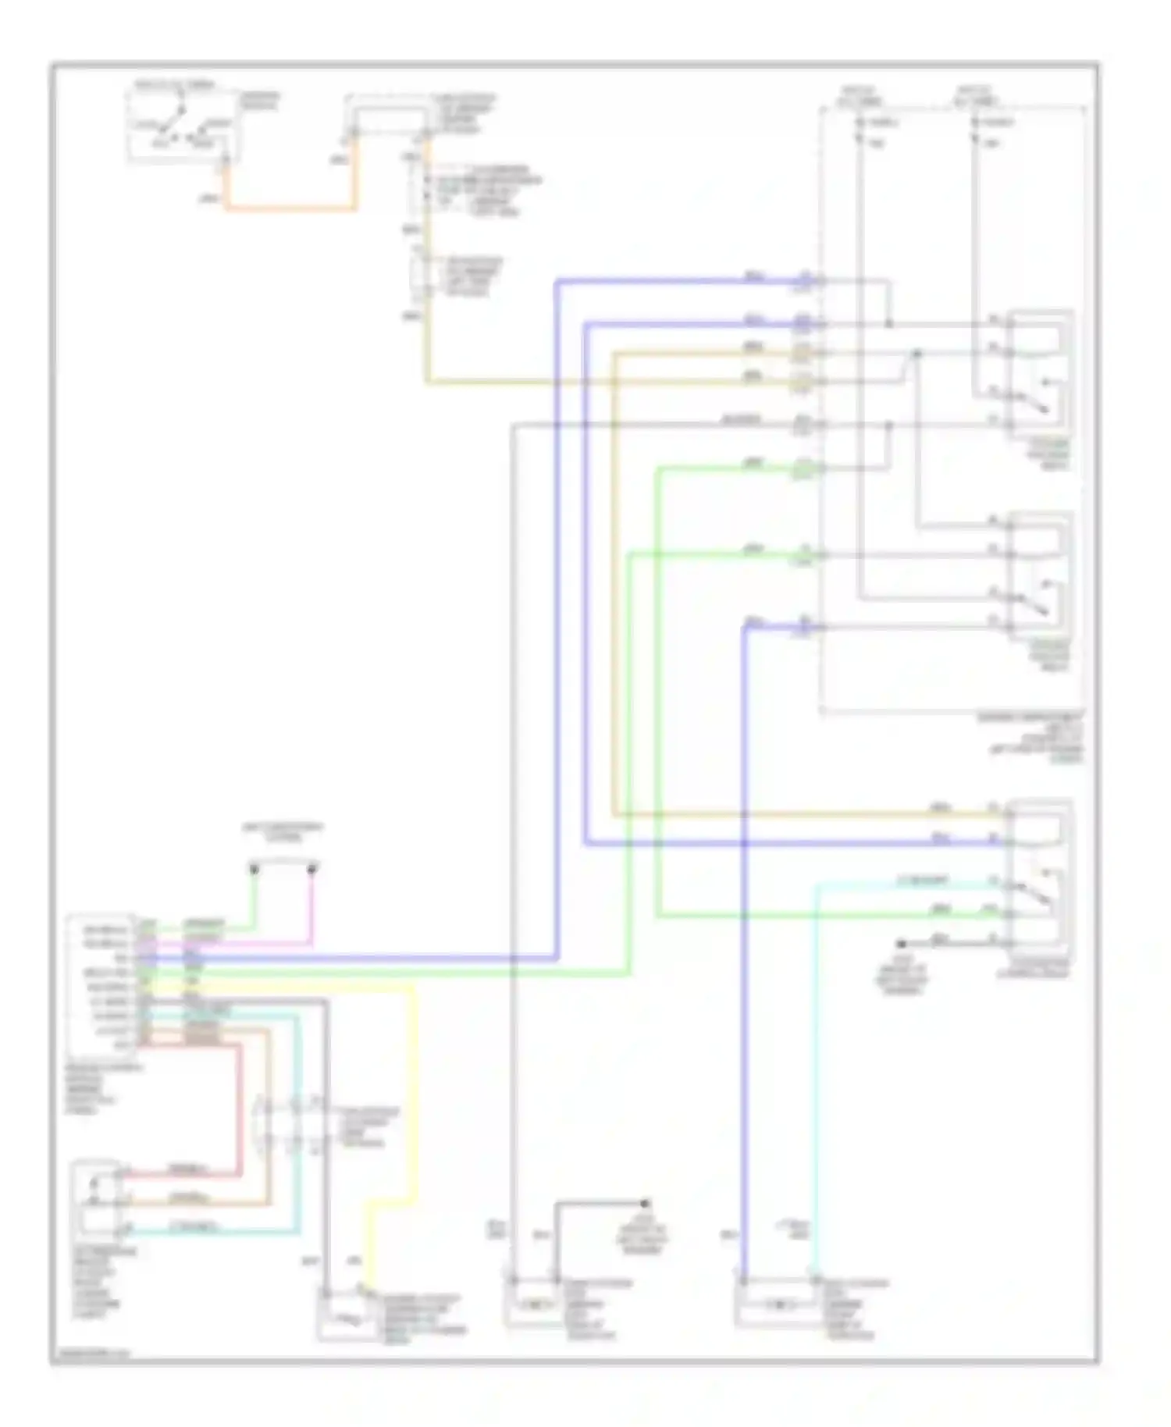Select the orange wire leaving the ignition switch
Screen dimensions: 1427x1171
(x=289, y=208)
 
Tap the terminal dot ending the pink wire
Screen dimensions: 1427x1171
(x=312, y=868)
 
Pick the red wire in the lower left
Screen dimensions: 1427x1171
(x=239, y=1109)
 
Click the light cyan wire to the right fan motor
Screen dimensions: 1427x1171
(x=815, y=1093)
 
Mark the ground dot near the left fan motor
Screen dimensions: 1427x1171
(x=645, y=1204)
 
